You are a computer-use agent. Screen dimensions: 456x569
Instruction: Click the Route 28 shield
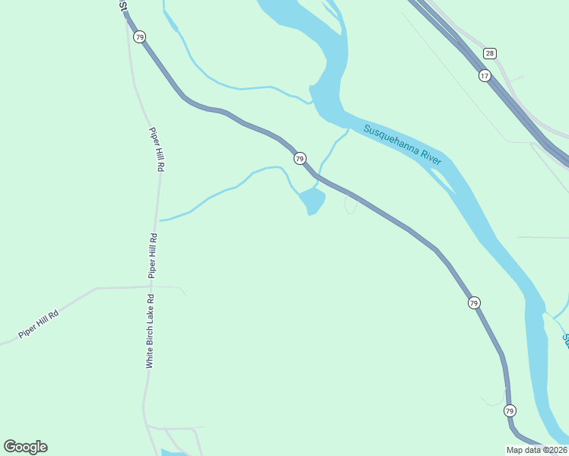[490, 53]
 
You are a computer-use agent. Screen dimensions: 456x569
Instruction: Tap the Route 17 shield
[485, 75]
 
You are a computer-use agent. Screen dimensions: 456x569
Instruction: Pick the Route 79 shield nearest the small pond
[300, 158]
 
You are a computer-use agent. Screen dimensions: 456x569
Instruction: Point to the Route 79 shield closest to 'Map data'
[510, 410]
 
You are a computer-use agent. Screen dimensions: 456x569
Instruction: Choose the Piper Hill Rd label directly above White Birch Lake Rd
[153, 254]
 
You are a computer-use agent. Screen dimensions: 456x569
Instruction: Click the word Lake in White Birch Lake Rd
[151, 311]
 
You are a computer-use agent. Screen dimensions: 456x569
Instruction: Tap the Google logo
[25, 447]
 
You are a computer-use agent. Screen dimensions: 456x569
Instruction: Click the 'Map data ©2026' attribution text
[537, 450]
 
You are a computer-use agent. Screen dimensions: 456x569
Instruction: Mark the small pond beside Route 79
[312, 201]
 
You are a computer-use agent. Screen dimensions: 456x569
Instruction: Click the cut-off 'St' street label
[123, 5]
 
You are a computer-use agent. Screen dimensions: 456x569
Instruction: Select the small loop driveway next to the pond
[351, 204]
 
